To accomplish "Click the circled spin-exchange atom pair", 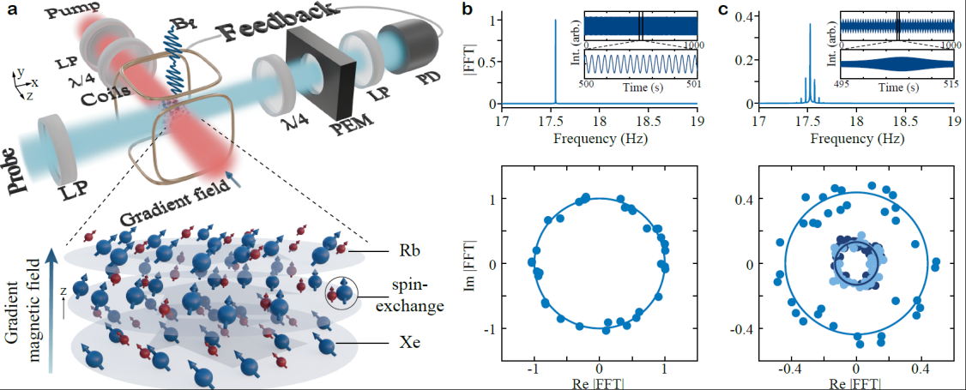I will pos(343,293).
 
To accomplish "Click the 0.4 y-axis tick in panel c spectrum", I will pos(744,16).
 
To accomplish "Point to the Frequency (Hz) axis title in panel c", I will pos(855,138).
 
